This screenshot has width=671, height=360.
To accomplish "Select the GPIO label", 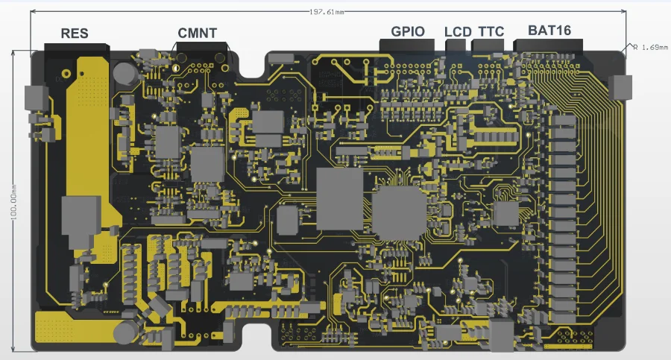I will (x=408, y=31).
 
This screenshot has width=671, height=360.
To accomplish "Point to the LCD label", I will (x=458, y=31).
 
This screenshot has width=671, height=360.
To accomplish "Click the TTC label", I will (x=490, y=31).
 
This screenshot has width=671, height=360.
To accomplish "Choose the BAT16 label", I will (x=549, y=31).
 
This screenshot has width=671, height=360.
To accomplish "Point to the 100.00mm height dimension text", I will (x=13, y=201).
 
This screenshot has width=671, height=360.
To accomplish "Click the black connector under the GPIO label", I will (x=408, y=46).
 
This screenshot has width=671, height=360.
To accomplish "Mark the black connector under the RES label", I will (x=76, y=48).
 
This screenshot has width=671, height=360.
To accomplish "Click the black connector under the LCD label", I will (x=456, y=46).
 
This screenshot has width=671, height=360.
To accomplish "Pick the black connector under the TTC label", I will (x=488, y=46).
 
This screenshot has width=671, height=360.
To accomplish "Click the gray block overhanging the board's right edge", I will (x=620, y=87).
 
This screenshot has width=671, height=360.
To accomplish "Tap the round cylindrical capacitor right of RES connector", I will (x=126, y=73).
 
